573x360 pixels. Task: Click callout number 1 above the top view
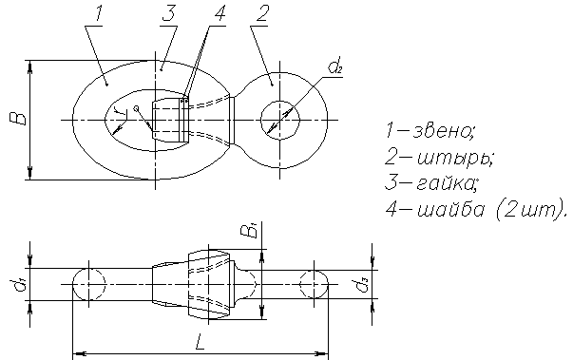pos(98,14)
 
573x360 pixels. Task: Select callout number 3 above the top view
pos(169,14)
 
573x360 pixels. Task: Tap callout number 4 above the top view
pos(219,14)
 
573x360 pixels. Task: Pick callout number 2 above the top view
pos(261,14)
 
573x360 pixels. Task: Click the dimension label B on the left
pos(18,119)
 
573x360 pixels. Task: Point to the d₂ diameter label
pos(335,66)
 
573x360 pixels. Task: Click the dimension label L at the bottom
pos(200,342)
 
